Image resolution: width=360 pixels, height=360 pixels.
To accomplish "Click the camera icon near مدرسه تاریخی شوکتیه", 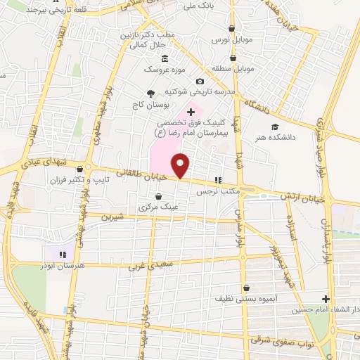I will [x=199, y=82].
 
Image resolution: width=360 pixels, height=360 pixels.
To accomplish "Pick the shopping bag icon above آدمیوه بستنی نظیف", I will [x=247, y=287].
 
